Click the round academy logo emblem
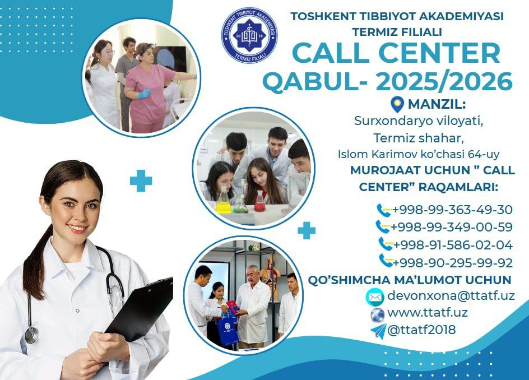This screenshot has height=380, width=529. (x=249, y=36)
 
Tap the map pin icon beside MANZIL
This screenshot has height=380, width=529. (x=397, y=105)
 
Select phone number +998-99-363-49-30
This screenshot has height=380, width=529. (x=452, y=210)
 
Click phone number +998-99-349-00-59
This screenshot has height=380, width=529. (x=452, y=227)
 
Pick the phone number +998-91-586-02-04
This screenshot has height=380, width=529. (x=453, y=245)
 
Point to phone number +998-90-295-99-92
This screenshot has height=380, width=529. (x=452, y=262)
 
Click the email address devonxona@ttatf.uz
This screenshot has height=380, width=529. (x=451, y=295)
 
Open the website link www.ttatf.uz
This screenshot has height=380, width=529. (x=428, y=313)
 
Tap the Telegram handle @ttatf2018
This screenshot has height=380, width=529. (x=421, y=330)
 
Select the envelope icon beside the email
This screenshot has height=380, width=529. (x=375, y=297)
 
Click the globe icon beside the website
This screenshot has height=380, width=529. (x=377, y=314)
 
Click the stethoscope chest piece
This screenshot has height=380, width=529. (x=31, y=335)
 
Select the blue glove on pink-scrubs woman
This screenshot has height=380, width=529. (x=145, y=94)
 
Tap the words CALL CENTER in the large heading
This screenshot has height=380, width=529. (x=396, y=53)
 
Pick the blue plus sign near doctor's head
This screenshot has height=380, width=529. (x=141, y=181)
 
